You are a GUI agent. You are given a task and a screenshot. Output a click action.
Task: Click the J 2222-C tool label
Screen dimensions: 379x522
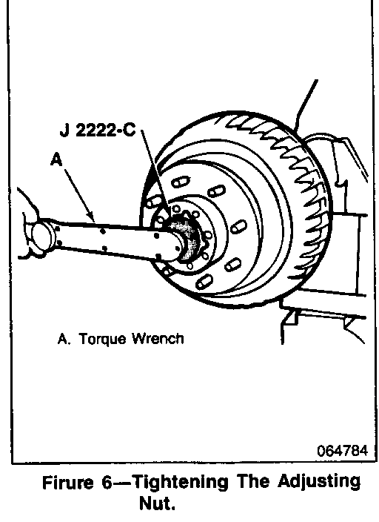point(98,130)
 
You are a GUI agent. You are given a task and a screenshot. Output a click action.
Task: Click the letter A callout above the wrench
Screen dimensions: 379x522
point(56,159)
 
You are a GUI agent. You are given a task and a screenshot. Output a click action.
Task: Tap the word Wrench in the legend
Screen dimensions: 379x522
point(158,339)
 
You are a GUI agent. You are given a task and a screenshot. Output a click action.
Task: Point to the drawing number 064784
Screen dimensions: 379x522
point(342,451)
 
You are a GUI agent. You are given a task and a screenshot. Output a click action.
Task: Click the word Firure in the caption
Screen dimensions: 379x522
point(68,483)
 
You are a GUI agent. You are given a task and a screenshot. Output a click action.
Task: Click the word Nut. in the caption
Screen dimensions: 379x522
point(157,503)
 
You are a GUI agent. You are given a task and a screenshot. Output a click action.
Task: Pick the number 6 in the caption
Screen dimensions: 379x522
point(107,483)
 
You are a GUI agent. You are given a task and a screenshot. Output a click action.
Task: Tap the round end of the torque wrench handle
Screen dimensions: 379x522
point(41,235)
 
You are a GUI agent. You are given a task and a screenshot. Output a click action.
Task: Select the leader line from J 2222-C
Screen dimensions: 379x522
point(155,171)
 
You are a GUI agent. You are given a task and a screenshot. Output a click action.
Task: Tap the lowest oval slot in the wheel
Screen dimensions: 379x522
point(204,282)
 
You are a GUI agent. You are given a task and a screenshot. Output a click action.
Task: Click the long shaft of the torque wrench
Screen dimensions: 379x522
point(110,237)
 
